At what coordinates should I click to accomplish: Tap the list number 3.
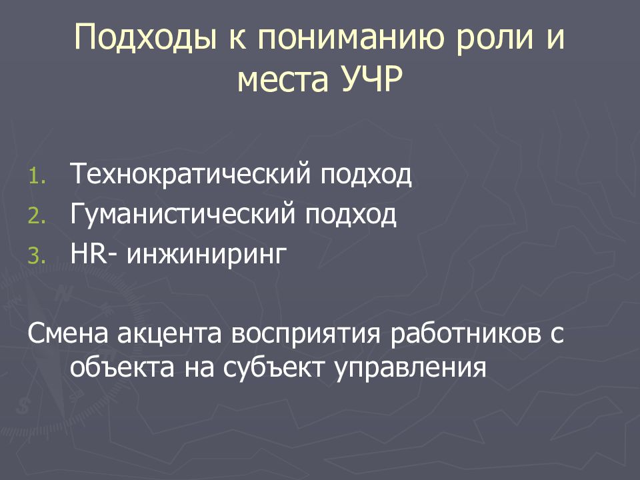(x=35, y=255)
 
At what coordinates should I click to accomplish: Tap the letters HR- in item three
(x=96, y=254)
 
